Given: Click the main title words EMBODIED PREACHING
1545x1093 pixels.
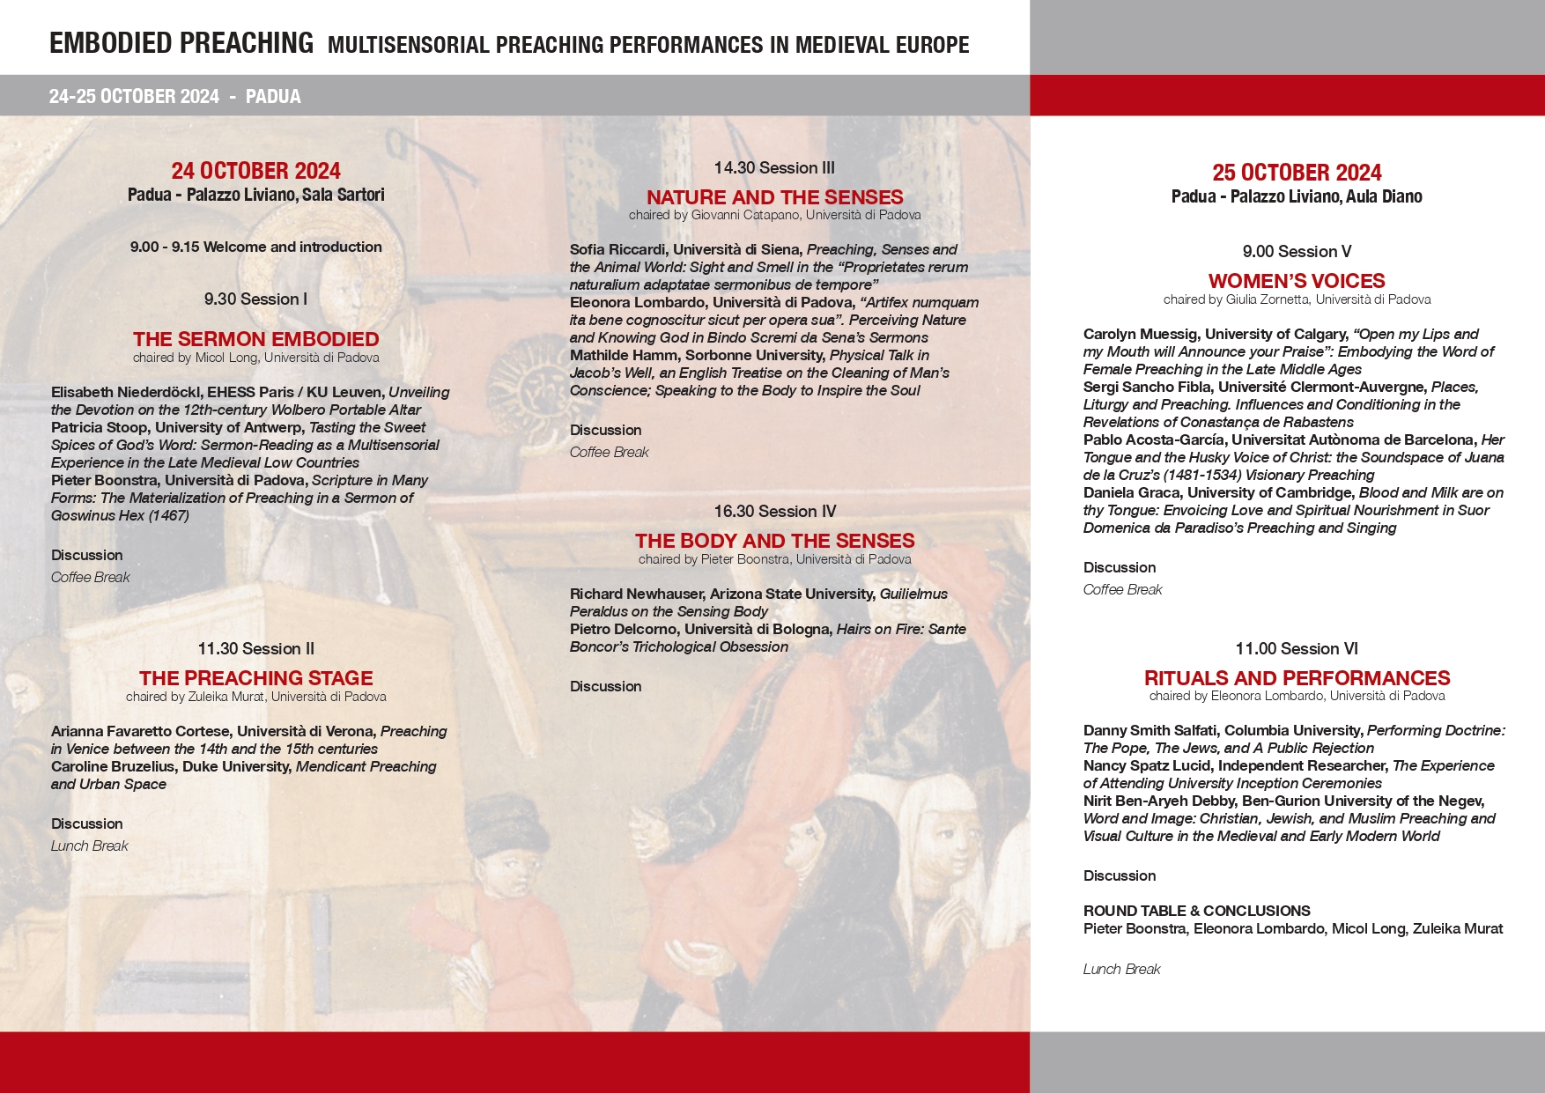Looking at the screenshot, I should click(181, 43).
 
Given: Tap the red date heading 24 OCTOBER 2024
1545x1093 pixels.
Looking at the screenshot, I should click(255, 171).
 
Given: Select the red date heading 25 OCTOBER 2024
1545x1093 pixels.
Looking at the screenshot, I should click(1297, 173).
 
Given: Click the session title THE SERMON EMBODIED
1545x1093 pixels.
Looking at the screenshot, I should click(255, 339).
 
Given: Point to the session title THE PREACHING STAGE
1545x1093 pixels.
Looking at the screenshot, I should click(255, 678).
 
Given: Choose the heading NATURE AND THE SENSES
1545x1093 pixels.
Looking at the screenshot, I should click(774, 197).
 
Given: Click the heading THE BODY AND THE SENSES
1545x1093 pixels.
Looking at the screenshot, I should click(774, 541).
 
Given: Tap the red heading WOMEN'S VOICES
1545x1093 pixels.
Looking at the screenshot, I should click(1297, 281).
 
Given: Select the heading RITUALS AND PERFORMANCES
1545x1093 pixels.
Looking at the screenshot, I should click(1297, 678).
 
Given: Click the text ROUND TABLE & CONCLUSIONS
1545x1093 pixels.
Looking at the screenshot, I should click(1196, 911).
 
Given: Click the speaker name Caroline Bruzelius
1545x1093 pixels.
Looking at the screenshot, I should click(113, 766).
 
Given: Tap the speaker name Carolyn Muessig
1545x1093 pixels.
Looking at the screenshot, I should click(1140, 334).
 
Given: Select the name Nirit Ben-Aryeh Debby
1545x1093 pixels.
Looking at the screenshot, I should click(1158, 801).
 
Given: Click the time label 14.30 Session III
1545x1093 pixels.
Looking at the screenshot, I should click(774, 167).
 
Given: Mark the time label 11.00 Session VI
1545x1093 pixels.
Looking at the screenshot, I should click(1297, 649).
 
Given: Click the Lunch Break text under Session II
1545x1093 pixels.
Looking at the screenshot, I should click(89, 846).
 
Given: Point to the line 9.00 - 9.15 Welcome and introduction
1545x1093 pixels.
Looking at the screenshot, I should click(255, 247).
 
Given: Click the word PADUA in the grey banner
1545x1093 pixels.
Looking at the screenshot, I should click(273, 96).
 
